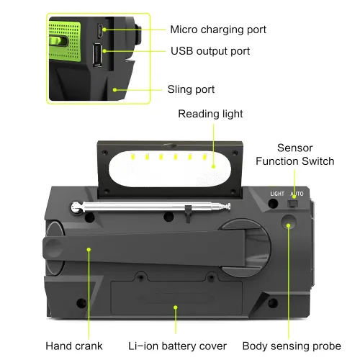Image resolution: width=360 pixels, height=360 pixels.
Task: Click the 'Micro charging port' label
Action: point(218,30)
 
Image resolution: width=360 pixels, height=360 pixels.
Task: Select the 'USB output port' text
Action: point(210,51)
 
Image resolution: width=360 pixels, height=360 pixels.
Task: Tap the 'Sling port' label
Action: point(191,89)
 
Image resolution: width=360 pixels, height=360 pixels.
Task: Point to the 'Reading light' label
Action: point(210,114)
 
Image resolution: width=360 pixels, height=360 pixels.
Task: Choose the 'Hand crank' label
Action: point(74,346)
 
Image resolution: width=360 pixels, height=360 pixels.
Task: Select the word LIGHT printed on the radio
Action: point(277,194)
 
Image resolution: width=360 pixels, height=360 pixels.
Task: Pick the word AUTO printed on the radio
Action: point(296,194)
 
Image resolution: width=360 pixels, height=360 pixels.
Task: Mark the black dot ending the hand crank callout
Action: point(89,249)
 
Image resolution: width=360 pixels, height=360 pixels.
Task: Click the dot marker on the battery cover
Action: point(175,307)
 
